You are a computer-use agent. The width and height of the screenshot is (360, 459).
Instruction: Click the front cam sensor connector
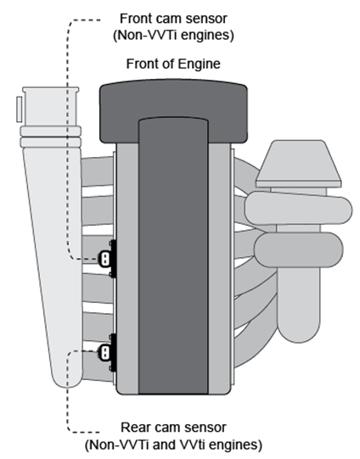[x=105, y=258]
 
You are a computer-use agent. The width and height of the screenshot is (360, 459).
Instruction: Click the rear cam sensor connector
[x=105, y=352]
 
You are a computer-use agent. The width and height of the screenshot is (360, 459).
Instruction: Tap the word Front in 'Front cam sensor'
[x=138, y=18]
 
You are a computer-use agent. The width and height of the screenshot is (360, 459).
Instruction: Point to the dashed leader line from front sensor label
[x=67, y=127]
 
